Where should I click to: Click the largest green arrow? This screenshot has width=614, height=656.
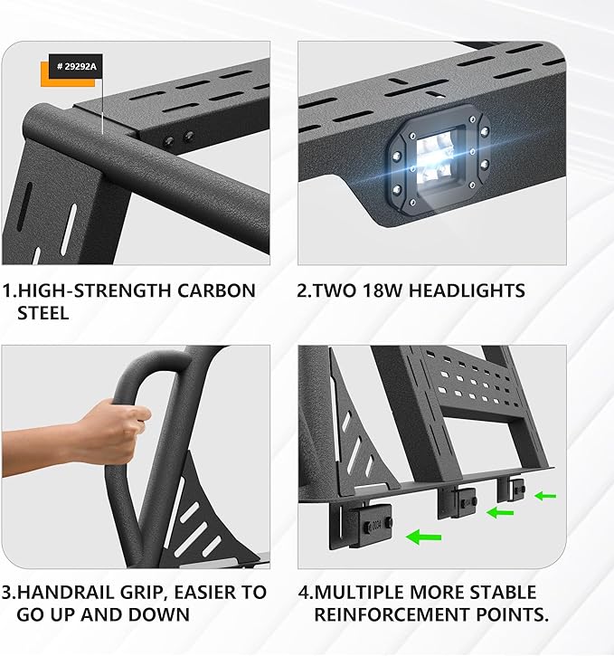point(423,538)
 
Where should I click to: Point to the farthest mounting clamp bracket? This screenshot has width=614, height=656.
point(516,489)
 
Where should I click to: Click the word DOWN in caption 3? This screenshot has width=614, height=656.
point(161,615)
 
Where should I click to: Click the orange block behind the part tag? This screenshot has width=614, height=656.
point(46,76)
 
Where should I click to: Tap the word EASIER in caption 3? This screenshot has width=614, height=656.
point(197,593)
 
